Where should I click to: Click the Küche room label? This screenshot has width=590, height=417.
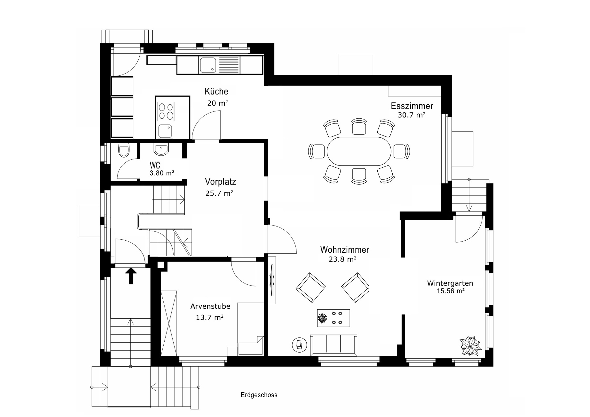(x=216, y=92)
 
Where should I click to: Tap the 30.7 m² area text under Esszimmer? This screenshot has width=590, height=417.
(x=411, y=115)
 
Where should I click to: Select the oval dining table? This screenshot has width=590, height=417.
(x=359, y=151)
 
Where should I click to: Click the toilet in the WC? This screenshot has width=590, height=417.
(x=124, y=151)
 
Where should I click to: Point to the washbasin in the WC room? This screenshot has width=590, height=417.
(x=161, y=150)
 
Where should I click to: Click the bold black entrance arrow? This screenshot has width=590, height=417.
(x=131, y=276)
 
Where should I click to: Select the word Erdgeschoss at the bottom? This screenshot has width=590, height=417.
(x=259, y=395)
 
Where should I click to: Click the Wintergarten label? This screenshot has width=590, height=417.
(x=450, y=283)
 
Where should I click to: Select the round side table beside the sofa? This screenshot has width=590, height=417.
(x=299, y=344)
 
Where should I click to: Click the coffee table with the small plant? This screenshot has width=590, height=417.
(x=333, y=318)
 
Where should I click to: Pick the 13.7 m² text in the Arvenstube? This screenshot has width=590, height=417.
(x=210, y=318)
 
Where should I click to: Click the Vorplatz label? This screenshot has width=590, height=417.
(x=220, y=182)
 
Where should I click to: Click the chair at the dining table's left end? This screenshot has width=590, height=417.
(x=316, y=151)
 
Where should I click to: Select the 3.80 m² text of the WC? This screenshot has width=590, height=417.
(x=162, y=173)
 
